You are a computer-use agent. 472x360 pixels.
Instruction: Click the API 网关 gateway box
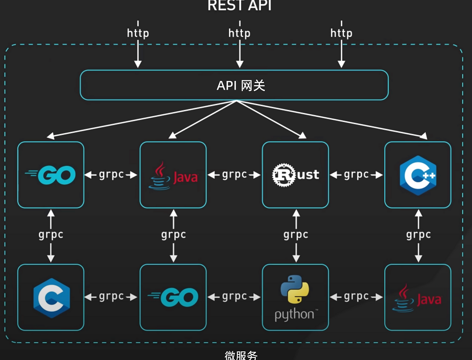pos(234,85)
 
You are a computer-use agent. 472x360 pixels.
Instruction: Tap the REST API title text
pos(239,6)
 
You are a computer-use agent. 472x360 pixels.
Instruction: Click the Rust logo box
pos(295,175)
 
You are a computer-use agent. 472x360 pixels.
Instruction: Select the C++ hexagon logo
pos(418,175)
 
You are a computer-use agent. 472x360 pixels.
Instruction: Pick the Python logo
pos(295,297)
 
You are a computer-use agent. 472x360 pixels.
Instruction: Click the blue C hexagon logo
pos(51,298)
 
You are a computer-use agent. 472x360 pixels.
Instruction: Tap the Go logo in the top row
pos(50,175)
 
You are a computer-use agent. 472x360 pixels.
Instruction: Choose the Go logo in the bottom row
pos(173,297)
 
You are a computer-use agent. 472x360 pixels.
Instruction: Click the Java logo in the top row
pos(173,175)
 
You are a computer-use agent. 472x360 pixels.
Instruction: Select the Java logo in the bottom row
pos(417,298)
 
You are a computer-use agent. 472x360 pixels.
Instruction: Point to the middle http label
pos(239,33)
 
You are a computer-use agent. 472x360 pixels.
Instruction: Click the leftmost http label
pos(138,33)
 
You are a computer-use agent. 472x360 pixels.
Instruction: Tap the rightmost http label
pos(341,33)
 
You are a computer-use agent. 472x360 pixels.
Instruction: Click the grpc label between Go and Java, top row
pos(111,175)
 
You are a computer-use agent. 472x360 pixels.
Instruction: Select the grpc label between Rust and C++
pos(356,175)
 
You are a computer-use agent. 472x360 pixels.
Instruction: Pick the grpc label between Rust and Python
pos(296,235)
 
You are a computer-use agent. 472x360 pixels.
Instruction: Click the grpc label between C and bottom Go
pos(111,297)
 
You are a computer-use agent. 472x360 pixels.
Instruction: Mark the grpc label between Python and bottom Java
pos(356,297)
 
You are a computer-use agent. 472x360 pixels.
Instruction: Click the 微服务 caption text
pos(241,355)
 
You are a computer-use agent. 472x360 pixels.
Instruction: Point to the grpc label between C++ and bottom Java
pos(418,235)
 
